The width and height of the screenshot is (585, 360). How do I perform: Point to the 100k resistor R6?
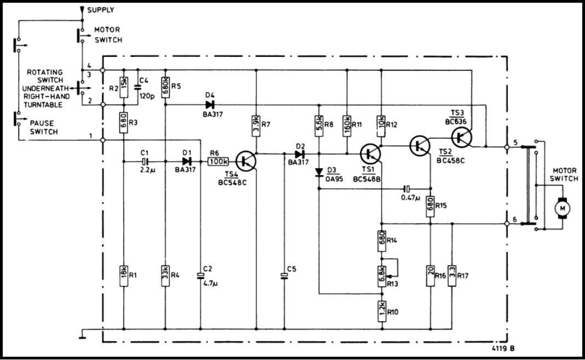tap(219, 161)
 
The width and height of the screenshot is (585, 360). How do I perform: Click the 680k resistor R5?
tap(165, 87)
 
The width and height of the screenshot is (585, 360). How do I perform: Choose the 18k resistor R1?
tap(123, 276)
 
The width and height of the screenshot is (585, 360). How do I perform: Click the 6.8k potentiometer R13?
tap(382, 276)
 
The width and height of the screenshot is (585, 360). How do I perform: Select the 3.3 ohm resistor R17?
tap(452, 276)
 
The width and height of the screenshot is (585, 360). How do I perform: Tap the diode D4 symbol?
tap(210, 105)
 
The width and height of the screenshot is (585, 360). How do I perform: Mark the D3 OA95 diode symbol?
tap(319, 172)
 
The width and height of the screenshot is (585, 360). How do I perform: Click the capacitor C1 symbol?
tap(145, 162)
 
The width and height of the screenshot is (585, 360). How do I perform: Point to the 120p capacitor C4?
tap(137, 87)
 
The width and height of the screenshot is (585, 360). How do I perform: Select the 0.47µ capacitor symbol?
tap(407, 188)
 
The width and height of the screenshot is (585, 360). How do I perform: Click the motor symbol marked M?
tap(561, 208)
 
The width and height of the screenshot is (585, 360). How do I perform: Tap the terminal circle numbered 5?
tap(507, 147)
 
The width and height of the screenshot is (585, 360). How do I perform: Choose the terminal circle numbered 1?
tap(104, 140)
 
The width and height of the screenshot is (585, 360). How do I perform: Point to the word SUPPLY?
tap(101, 10)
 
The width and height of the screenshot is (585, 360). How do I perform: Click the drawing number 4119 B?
tap(503, 348)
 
